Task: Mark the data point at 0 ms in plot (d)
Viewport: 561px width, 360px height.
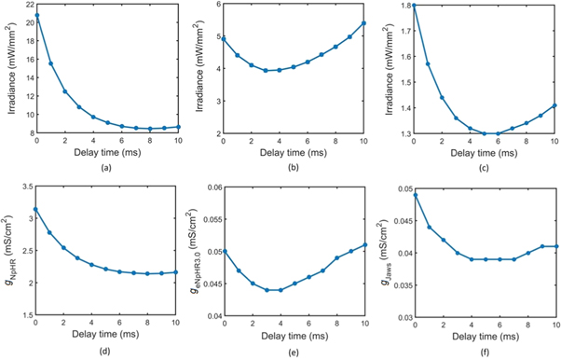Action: [36, 209]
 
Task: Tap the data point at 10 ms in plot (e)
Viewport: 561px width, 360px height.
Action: [363, 244]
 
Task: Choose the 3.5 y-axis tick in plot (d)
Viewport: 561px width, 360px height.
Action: [26, 187]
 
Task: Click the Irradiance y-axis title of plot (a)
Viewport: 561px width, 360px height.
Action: [8, 70]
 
